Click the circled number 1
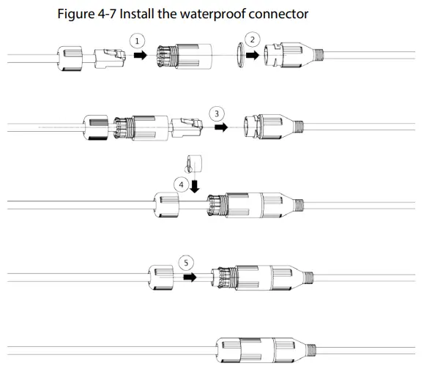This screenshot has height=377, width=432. (x=137, y=41)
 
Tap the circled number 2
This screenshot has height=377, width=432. (x=253, y=40)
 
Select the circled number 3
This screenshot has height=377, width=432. (x=217, y=113)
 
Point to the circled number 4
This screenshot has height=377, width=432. (x=181, y=184)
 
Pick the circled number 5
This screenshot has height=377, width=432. (x=186, y=263)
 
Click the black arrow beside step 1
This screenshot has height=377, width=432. (x=141, y=55)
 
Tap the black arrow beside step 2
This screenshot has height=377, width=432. (x=253, y=55)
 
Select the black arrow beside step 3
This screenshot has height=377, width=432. (x=221, y=127)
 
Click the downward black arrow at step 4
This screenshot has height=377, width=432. (x=195, y=187)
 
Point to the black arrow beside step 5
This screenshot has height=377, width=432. (x=190, y=277)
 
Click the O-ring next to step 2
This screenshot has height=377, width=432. (x=240, y=55)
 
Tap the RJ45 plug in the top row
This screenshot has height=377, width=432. (x=110, y=59)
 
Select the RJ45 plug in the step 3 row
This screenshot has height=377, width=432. (x=187, y=128)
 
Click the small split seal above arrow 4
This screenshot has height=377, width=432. (x=194, y=163)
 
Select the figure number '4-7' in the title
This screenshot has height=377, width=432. (x=107, y=14)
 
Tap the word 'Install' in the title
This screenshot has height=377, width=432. (x=137, y=14)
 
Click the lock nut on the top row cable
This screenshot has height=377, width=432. (x=70, y=59)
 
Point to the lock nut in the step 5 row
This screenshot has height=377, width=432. (x=161, y=277)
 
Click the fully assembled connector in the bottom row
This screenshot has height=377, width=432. (x=266, y=350)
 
